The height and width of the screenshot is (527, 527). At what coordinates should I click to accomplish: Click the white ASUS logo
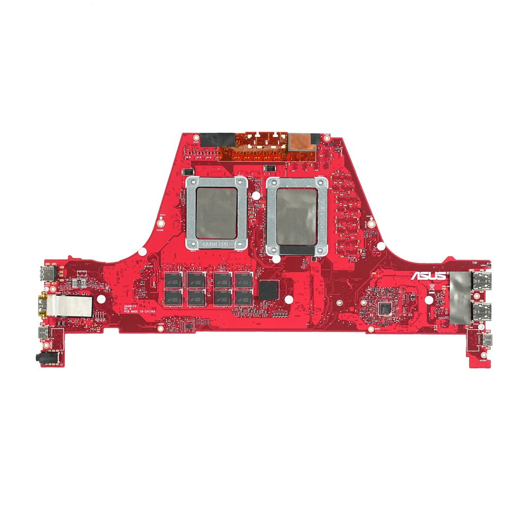point(428,276)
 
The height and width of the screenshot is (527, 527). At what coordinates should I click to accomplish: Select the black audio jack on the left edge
point(40,356)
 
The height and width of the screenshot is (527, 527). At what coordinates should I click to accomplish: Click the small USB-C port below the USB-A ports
point(486,340)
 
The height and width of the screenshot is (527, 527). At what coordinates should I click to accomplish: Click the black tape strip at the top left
point(217,139)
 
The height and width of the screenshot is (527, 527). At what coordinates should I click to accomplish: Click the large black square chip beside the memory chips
point(268,290)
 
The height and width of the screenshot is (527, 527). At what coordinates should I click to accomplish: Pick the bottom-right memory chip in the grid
point(243,297)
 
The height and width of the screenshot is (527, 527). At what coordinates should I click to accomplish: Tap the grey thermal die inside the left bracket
point(216,213)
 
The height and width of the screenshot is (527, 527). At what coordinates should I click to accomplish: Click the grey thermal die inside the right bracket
point(296,216)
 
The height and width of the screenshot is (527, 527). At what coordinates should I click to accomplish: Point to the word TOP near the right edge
point(475,263)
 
